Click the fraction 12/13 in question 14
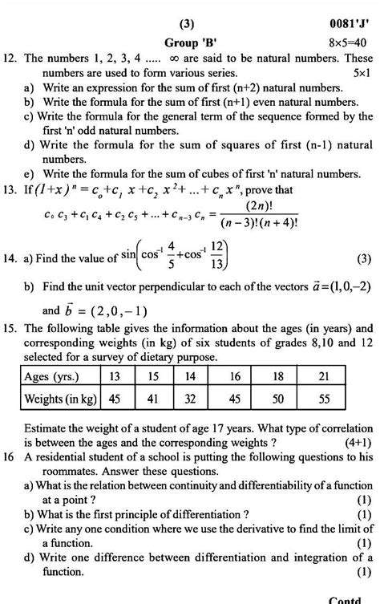pos(216,254)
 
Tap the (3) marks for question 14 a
pos(362,258)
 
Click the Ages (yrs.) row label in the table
pos(50,375)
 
